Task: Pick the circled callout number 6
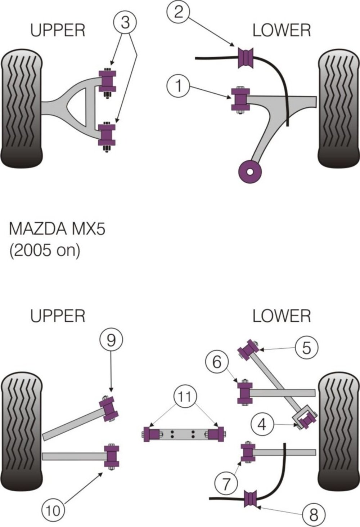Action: (217, 362)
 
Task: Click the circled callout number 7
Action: (225, 484)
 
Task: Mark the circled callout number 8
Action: (314, 515)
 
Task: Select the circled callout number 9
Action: (111, 340)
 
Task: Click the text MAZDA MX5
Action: (57, 229)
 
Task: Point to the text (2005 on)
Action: (44, 250)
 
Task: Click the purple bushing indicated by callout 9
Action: (109, 409)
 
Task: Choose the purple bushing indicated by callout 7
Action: (248, 453)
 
